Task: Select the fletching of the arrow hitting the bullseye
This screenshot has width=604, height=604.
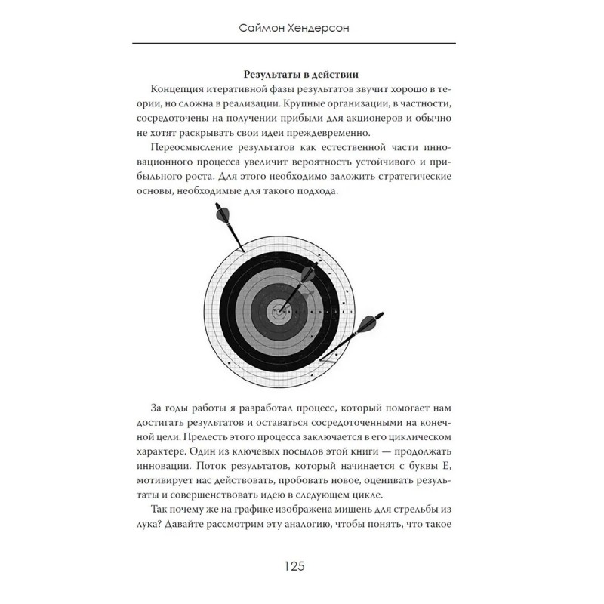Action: tap(311, 275)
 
